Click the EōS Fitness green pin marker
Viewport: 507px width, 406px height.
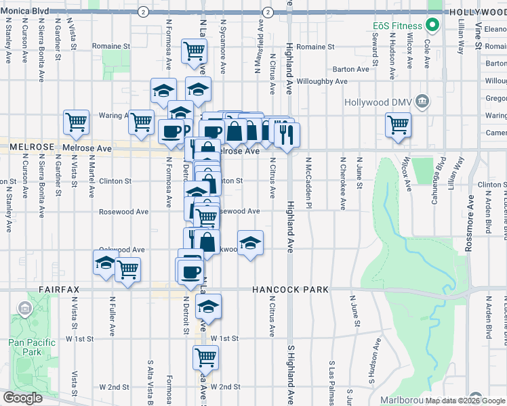pos(432,26)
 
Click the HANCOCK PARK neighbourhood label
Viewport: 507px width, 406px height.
pos(290,290)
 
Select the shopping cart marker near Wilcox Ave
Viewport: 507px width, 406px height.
pos(398,124)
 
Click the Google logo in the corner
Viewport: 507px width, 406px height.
pos(22,398)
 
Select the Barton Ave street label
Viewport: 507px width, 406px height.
pos(351,69)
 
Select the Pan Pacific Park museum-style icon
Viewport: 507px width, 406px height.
pos(25,310)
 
